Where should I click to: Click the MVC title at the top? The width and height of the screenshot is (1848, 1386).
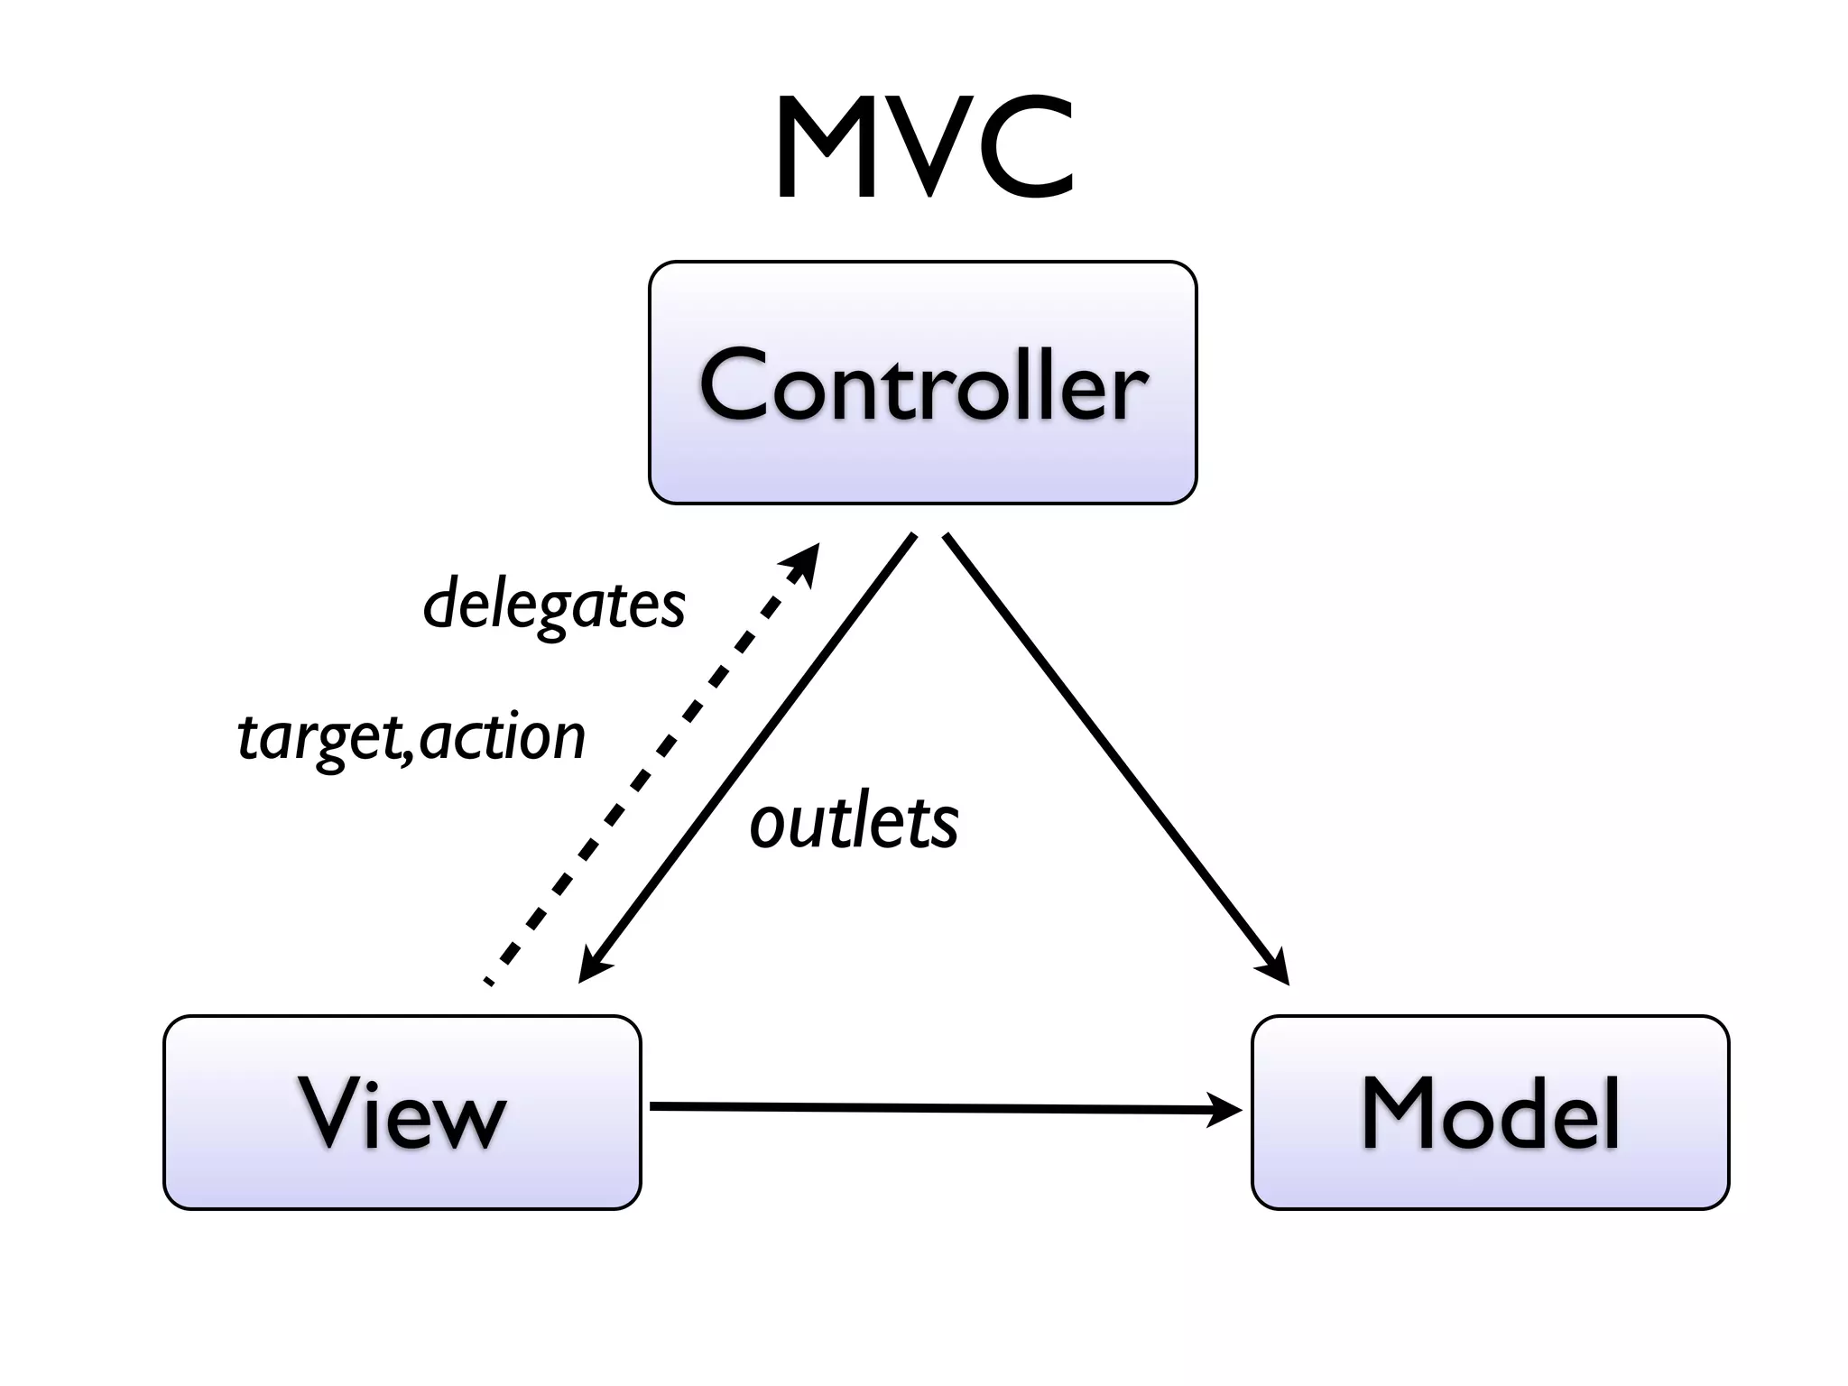[x=924, y=149]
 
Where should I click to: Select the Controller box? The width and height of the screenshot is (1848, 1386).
[x=922, y=383]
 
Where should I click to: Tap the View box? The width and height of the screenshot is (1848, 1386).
[x=402, y=1112]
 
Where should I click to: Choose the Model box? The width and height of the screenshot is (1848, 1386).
[x=1490, y=1112]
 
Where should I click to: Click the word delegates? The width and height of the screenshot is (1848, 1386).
[x=554, y=605]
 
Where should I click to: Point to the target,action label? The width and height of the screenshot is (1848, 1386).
[x=411, y=736]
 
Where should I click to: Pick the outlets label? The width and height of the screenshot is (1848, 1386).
[x=854, y=823]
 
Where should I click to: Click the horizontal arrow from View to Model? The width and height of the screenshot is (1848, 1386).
[x=938, y=1108]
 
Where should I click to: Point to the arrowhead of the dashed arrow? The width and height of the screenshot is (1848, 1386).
[x=805, y=559]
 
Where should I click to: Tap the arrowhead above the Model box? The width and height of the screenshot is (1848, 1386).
[x=1274, y=971]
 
